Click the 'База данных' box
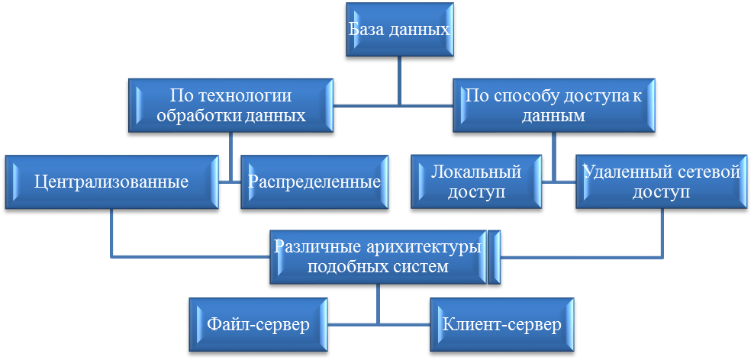[399, 30]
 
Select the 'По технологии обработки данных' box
[230, 106]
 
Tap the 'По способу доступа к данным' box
[553, 106]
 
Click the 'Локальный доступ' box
[476, 182]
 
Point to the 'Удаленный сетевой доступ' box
[661, 182]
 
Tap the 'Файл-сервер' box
[258, 325]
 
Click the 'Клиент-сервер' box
[501, 325]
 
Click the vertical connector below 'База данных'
[399, 80]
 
